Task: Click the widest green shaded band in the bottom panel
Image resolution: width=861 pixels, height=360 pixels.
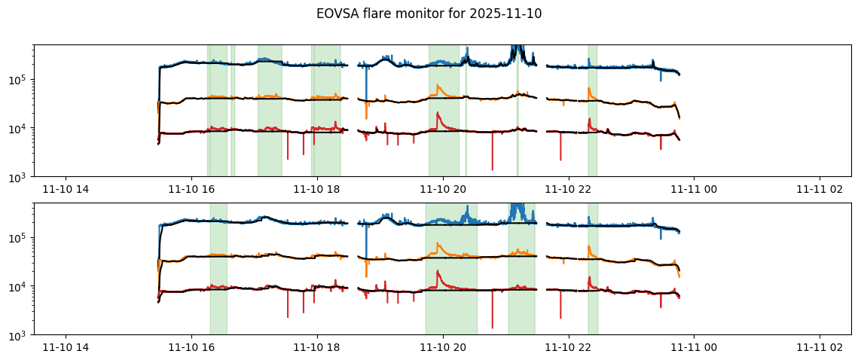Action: [451, 268]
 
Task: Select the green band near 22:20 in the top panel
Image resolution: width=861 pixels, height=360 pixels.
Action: [593, 110]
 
